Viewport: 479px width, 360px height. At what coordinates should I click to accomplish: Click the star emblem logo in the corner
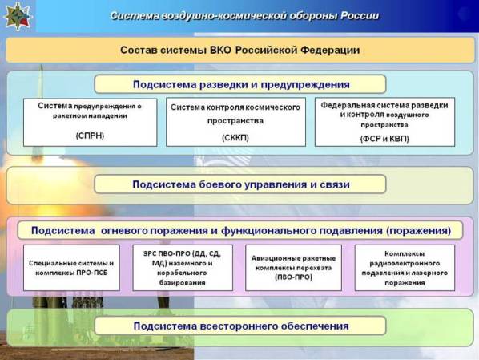tap(18, 16)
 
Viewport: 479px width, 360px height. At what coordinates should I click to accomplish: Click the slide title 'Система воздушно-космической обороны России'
tap(244, 15)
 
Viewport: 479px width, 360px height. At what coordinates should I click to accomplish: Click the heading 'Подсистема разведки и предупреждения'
tap(241, 84)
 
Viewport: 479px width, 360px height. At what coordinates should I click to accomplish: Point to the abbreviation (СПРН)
tap(91, 136)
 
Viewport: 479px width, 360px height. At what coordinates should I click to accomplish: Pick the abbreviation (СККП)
tap(235, 138)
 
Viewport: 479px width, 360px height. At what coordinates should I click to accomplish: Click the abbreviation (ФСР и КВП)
tap(384, 139)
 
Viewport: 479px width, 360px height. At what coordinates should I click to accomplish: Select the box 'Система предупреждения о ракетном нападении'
tap(91, 123)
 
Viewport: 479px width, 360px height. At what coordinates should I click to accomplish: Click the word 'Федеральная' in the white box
tap(343, 105)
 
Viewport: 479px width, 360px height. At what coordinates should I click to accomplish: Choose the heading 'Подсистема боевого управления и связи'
tap(241, 184)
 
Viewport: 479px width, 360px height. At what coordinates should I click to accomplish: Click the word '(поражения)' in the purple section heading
tap(418, 230)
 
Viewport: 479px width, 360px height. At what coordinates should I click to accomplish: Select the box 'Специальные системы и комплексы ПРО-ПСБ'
tap(71, 268)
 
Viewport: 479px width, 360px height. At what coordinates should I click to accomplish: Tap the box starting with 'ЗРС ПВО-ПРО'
tap(183, 268)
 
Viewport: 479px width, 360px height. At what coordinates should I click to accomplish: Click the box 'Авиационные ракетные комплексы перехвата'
tap(294, 268)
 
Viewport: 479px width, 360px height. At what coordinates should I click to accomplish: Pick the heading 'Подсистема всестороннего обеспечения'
tap(241, 326)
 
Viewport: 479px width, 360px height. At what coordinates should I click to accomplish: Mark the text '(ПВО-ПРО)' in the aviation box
tap(294, 277)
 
